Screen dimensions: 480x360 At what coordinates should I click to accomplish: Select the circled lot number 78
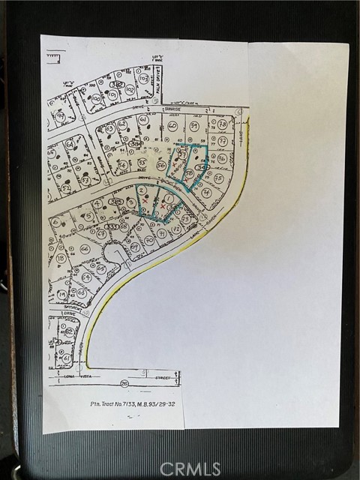(x=222, y=124)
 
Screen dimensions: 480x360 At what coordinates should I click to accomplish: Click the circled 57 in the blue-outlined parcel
(x=181, y=154)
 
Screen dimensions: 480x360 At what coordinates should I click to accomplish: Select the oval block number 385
(x=117, y=202)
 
